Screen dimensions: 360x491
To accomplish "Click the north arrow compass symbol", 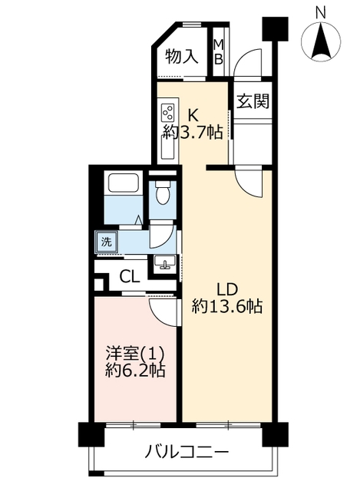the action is click(321, 41).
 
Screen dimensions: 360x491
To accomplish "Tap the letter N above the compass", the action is click(321, 12).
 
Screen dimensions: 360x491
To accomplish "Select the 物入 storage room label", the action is click(182, 57).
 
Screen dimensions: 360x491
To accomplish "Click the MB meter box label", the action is click(219, 52).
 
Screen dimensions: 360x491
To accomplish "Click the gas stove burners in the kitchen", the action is click(167, 113).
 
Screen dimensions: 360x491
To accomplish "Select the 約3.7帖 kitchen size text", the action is click(193, 133).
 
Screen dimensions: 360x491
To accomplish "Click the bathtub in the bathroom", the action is click(123, 182).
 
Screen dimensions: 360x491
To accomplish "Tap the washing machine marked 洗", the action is click(107, 242).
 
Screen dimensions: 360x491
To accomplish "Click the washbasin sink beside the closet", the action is click(164, 262).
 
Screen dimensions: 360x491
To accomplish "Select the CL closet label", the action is click(130, 276).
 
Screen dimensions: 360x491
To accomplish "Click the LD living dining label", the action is click(228, 290).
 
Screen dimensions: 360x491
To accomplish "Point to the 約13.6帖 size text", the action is click(227, 306).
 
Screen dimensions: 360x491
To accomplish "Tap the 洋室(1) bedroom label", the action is click(135, 354).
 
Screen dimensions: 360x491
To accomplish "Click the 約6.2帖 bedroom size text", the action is click(135, 371).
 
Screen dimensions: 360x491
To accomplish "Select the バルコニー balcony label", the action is click(187, 452).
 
